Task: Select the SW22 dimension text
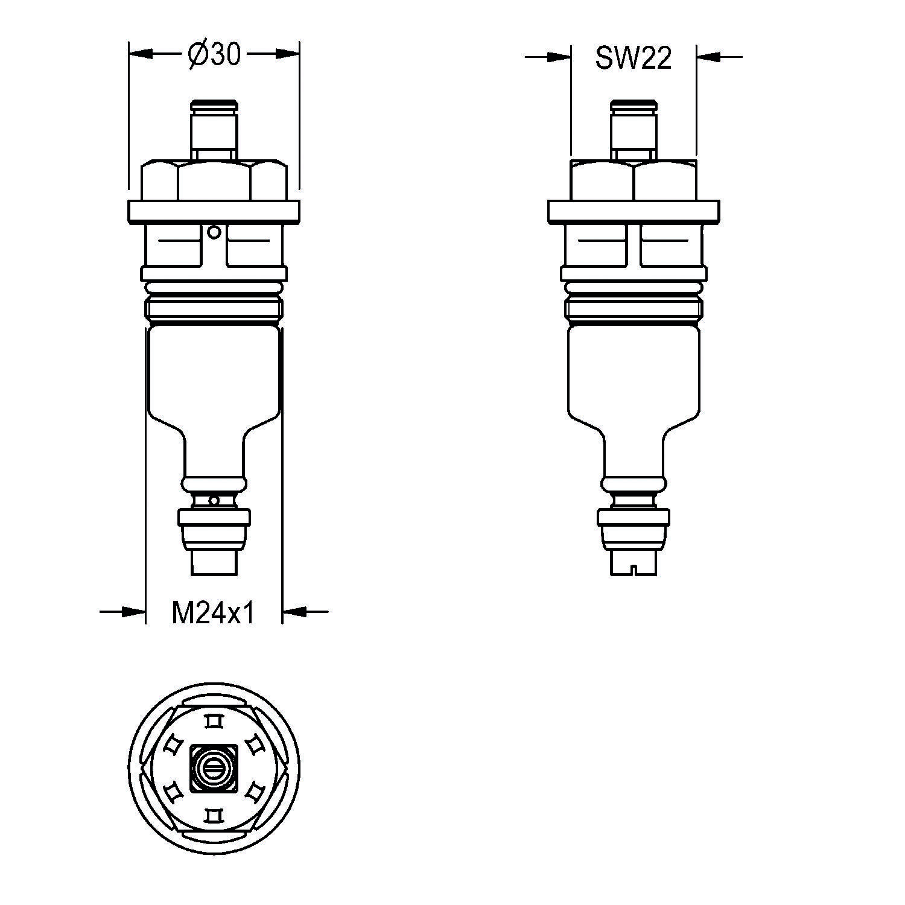point(633,59)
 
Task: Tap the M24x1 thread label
point(214,614)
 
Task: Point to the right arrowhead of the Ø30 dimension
point(288,54)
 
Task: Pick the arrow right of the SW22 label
point(708,57)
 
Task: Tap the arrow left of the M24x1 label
point(134,612)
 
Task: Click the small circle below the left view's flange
point(214,232)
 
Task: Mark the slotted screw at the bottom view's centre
point(214,768)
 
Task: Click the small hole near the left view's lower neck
point(214,500)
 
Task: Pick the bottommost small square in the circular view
point(214,816)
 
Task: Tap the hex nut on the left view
point(214,180)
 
